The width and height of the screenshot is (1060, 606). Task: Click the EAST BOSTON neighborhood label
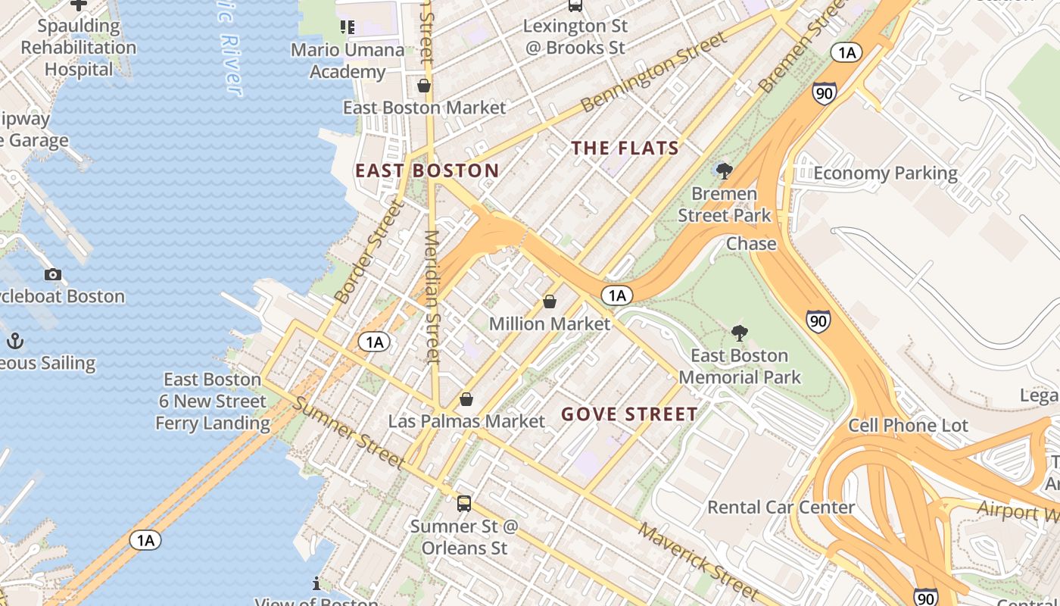click(x=427, y=170)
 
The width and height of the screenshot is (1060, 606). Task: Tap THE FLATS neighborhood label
click(x=625, y=148)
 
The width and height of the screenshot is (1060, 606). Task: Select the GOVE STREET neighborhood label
click(x=629, y=414)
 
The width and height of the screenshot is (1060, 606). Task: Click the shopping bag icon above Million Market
click(x=550, y=301)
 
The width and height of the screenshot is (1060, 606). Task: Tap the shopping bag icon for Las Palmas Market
click(x=466, y=399)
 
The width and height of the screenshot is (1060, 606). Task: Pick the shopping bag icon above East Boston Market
click(x=424, y=86)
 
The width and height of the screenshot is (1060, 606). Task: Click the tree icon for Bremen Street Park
click(x=724, y=170)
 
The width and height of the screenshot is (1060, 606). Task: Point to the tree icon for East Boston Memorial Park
click(x=739, y=333)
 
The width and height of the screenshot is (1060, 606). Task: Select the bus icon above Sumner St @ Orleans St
click(x=464, y=503)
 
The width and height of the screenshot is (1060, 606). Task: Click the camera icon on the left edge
click(x=52, y=274)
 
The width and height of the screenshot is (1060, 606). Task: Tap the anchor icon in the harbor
click(x=15, y=342)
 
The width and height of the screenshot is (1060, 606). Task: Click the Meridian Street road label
click(x=432, y=297)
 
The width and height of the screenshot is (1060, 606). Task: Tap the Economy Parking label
click(x=885, y=173)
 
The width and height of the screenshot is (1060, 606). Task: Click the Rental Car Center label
click(x=781, y=507)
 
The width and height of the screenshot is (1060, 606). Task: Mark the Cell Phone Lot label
click(x=908, y=426)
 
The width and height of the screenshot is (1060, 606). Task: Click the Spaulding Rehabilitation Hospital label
click(x=79, y=47)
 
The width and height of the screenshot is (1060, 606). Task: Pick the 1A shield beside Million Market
click(x=617, y=295)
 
